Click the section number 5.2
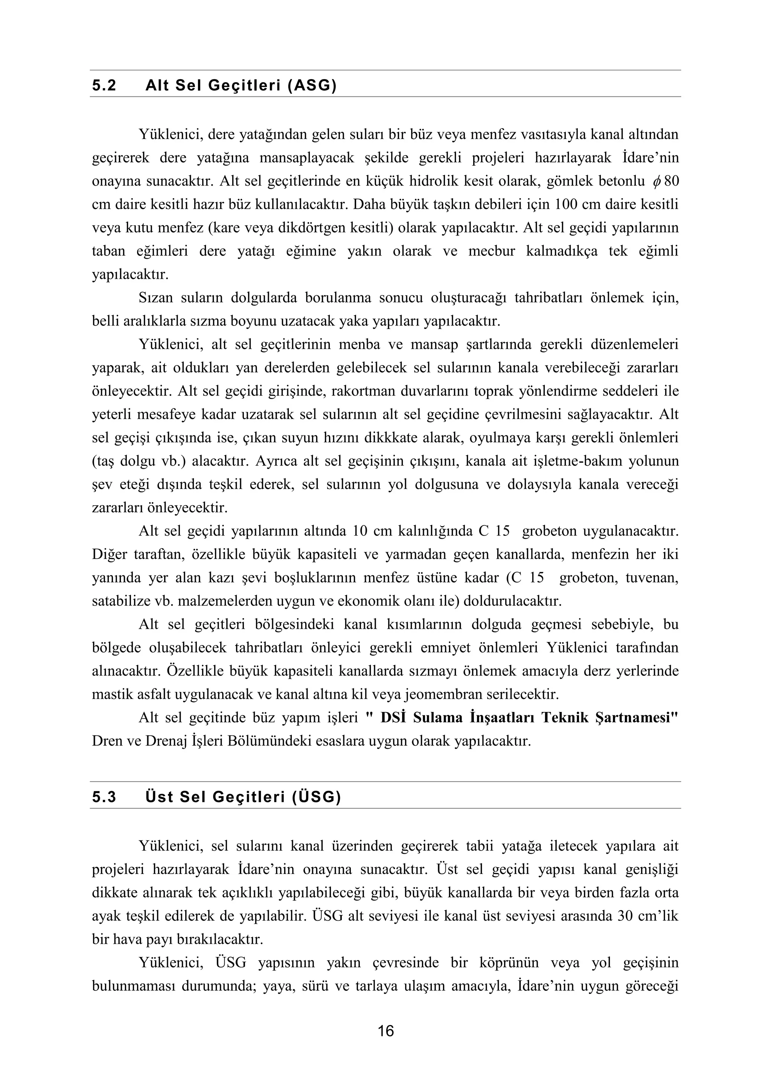(104, 86)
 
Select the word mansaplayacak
(307, 158)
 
